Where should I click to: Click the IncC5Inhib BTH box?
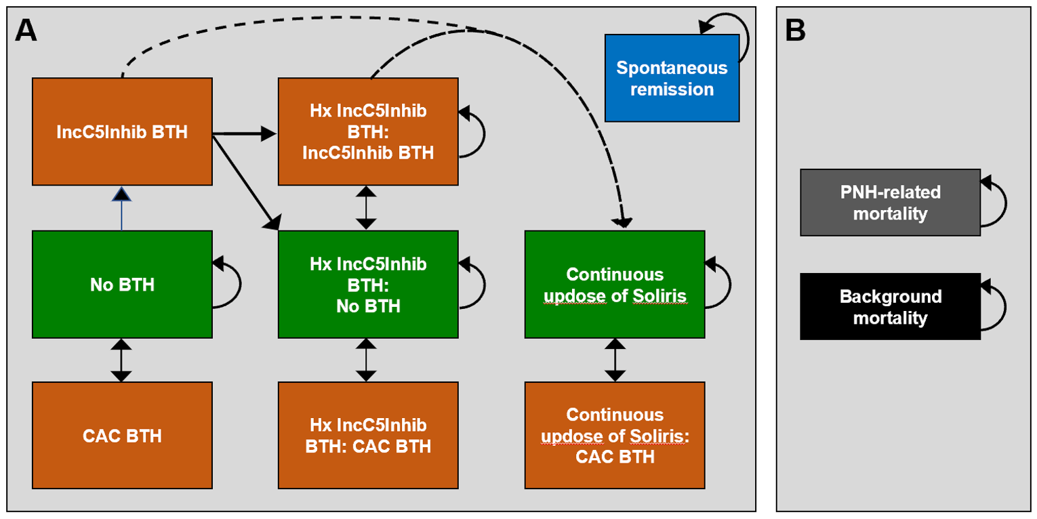click(x=122, y=131)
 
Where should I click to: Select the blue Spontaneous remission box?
click(x=671, y=78)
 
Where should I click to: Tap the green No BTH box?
click(x=122, y=284)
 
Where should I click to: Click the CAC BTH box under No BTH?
click(x=122, y=435)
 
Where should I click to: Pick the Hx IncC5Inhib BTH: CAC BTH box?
click(x=368, y=435)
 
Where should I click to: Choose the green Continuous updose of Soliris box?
click(x=615, y=284)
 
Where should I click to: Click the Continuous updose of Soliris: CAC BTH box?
click(x=615, y=435)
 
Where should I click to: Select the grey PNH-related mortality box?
click(x=890, y=203)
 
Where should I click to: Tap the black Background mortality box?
click(x=890, y=306)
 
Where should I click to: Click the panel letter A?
click(x=26, y=30)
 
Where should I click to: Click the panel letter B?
click(x=796, y=30)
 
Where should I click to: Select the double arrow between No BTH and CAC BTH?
click(x=121, y=360)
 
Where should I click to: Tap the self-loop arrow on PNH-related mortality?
click(x=1002, y=203)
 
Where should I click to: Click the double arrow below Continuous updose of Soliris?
click(x=615, y=360)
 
